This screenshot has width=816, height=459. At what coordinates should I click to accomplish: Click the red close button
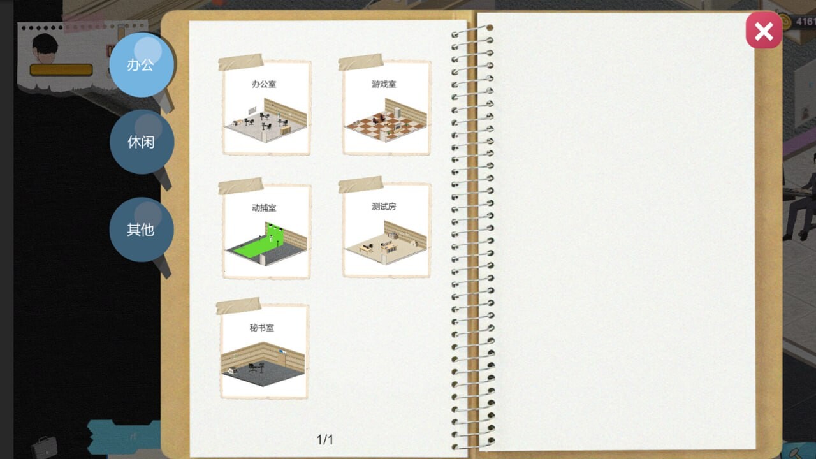[x=764, y=31]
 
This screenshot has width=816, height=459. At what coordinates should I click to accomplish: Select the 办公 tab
[x=141, y=64]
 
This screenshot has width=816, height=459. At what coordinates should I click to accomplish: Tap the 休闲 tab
[x=141, y=142]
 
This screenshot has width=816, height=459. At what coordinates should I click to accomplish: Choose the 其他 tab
[x=141, y=229]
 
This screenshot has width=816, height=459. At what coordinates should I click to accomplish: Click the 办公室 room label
[x=264, y=84]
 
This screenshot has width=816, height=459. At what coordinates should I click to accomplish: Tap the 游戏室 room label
[x=384, y=84]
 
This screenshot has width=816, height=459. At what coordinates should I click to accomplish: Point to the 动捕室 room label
[x=264, y=207]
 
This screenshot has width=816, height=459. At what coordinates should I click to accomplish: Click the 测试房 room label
[x=384, y=207]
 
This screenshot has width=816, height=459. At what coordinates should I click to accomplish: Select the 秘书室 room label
[x=261, y=328]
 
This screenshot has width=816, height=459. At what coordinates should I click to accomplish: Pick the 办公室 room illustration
[x=265, y=122]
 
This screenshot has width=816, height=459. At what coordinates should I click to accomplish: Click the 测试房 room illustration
[x=385, y=244]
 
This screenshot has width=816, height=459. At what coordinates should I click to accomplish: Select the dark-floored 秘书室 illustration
[x=263, y=366]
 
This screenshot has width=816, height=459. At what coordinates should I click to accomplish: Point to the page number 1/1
[x=325, y=439]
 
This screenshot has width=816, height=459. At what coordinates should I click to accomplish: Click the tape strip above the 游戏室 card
[x=360, y=62]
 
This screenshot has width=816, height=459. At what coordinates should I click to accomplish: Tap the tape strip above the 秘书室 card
[x=238, y=306]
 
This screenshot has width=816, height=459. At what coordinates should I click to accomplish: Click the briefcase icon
[x=44, y=447]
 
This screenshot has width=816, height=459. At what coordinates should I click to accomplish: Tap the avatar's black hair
[x=44, y=43]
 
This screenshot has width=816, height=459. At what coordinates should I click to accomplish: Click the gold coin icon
[x=785, y=22]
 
